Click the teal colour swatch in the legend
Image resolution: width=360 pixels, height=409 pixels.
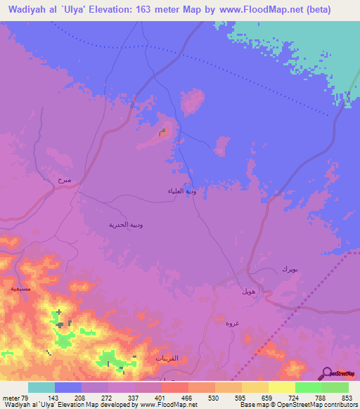point(41,388)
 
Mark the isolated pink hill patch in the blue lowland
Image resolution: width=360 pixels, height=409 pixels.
point(192,102)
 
